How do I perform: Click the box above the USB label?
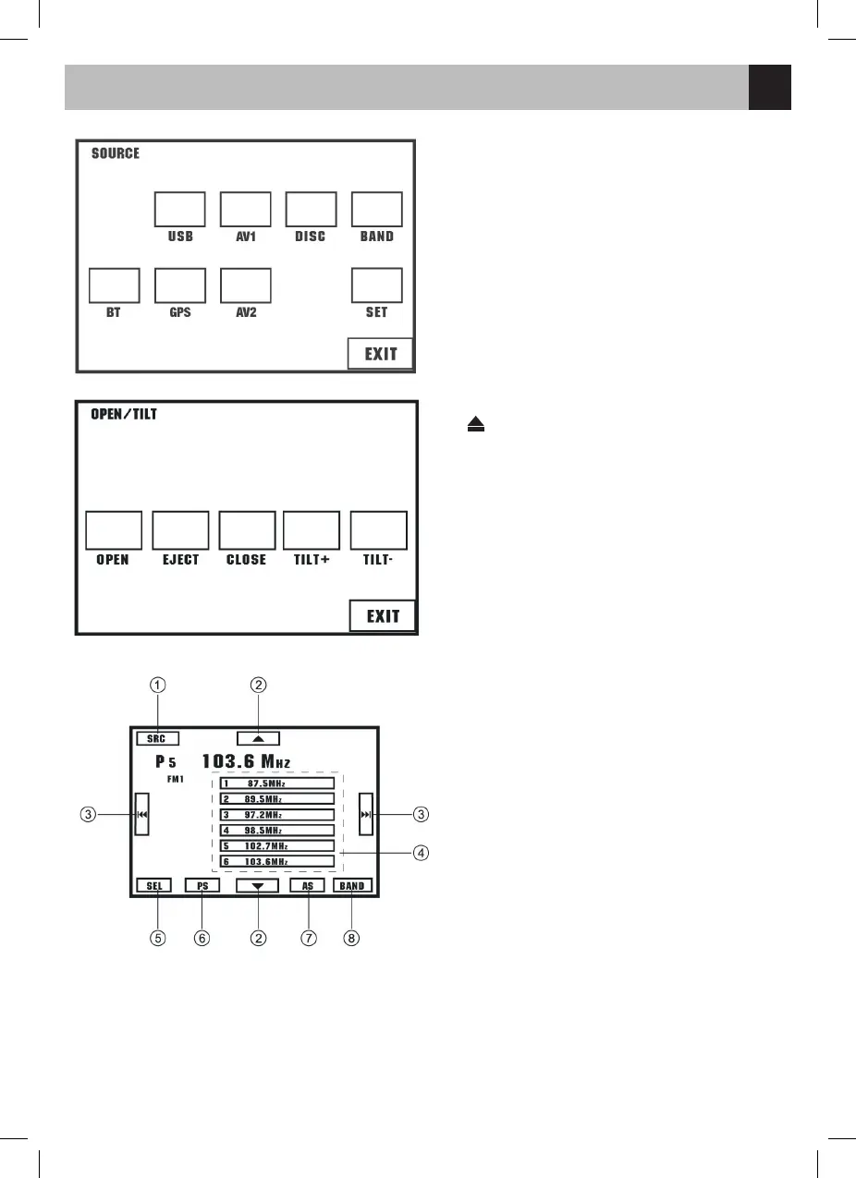point(179,210)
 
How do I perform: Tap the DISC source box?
point(311,210)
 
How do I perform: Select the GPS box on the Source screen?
point(179,285)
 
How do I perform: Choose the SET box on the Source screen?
point(376,285)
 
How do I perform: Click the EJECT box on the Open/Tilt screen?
point(180,530)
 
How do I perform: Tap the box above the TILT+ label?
point(311,530)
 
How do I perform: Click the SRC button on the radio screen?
point(156,739)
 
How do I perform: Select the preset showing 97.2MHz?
point(276,815)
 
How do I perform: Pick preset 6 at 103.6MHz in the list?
point(276,862)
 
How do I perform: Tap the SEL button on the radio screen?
point(153,885)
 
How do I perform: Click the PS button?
point(202,885)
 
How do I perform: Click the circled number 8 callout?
point(351,938)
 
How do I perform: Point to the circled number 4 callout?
point(421,853)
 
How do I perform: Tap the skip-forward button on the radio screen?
point(366,815)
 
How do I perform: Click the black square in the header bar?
point(769,88)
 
